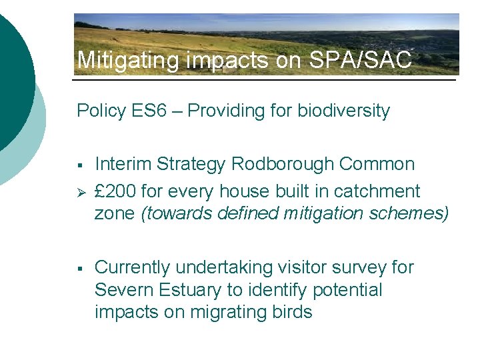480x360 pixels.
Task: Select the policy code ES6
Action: point(158,111)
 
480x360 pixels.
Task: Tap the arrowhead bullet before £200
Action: point(80,192)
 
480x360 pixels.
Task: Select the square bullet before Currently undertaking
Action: point(79,269)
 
